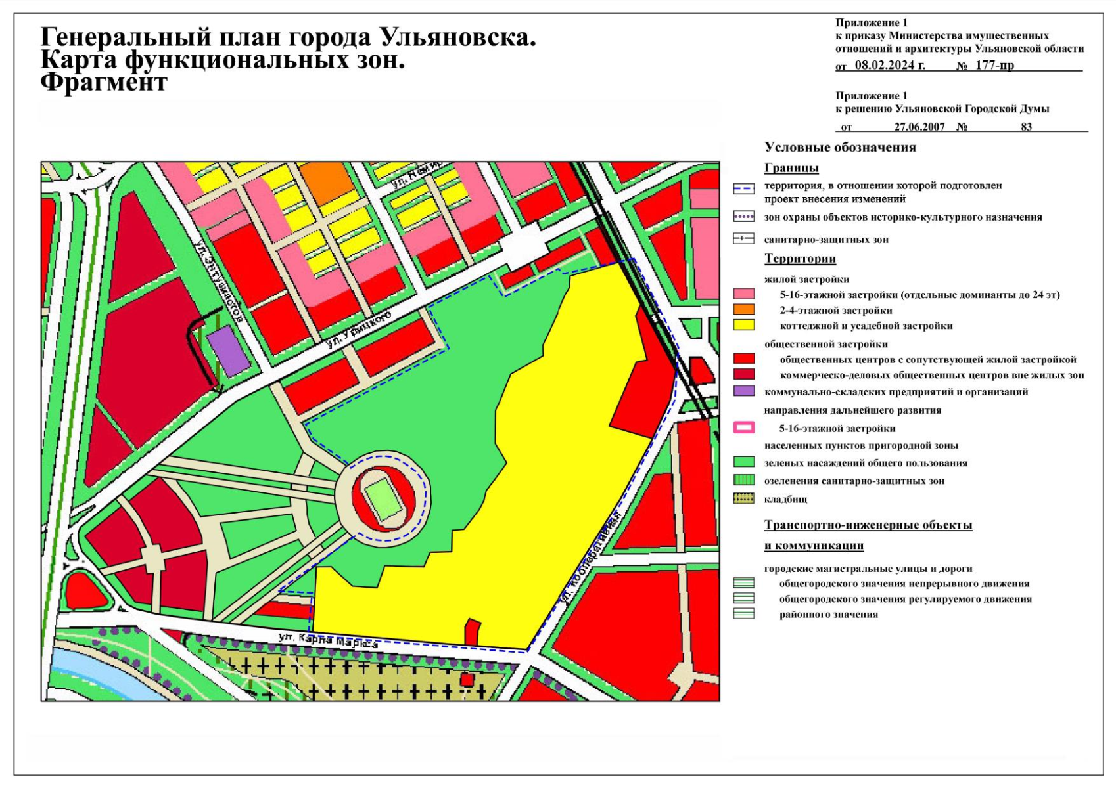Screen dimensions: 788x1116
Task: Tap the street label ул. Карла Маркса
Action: [x=328, y=640]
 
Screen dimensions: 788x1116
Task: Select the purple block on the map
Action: [x=228, y=351]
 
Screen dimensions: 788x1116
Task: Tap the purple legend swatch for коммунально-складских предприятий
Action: [x=743, y=391]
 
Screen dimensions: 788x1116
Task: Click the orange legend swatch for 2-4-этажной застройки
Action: [x=743, y=310]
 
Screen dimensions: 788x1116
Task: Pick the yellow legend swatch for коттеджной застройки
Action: [x=743, y=325]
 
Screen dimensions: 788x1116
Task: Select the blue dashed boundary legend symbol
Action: [x=743, y=189]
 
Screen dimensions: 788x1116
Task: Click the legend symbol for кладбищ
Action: [x=743, y=499]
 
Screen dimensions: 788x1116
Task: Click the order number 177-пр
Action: [x=994, y=66]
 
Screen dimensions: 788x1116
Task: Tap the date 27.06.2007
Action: [x=919, y=127]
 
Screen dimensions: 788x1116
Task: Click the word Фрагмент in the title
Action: [x=104, y=83]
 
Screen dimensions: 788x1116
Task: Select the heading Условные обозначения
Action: [x=840, y=148]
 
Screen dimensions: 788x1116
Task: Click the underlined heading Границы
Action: [x=791, y=168]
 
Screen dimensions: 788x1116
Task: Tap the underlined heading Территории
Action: [x=800, y=259]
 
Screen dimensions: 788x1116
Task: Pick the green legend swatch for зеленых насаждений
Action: [x=743, y=462]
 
